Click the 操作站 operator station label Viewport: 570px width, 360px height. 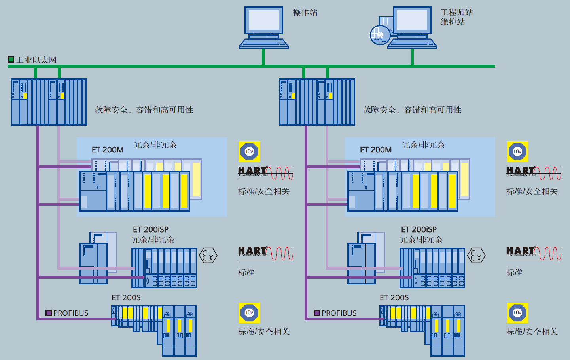[x=305, y=13]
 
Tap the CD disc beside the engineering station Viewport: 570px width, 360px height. [x=379, y=35]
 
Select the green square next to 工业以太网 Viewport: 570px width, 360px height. [x=11, y=59]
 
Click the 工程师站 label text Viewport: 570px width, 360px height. [x=456, y=13]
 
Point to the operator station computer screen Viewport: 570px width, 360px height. [x=264, y=20]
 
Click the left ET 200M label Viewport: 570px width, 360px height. [x=108, y=150]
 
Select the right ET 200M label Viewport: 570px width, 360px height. [x=376, y=150]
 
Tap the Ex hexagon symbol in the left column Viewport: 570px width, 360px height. [x=208, y=256]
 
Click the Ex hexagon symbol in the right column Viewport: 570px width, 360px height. [x=476, y=256]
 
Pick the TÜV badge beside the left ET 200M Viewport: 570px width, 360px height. [x=249, y=152]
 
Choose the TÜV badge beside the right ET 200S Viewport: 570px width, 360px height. [x=517, y=313]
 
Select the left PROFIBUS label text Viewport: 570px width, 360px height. [x=71, y=313]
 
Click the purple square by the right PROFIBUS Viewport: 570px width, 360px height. [x=317, y=313]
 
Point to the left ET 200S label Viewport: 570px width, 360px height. [x=126, y=297]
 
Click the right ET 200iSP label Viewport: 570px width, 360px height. [x=419, y=229]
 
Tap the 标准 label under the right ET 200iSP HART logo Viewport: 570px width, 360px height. [x=514, y=272]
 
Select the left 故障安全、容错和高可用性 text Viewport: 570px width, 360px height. [x=144, y=110]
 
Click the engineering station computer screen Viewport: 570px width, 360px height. [x=412, y=20]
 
